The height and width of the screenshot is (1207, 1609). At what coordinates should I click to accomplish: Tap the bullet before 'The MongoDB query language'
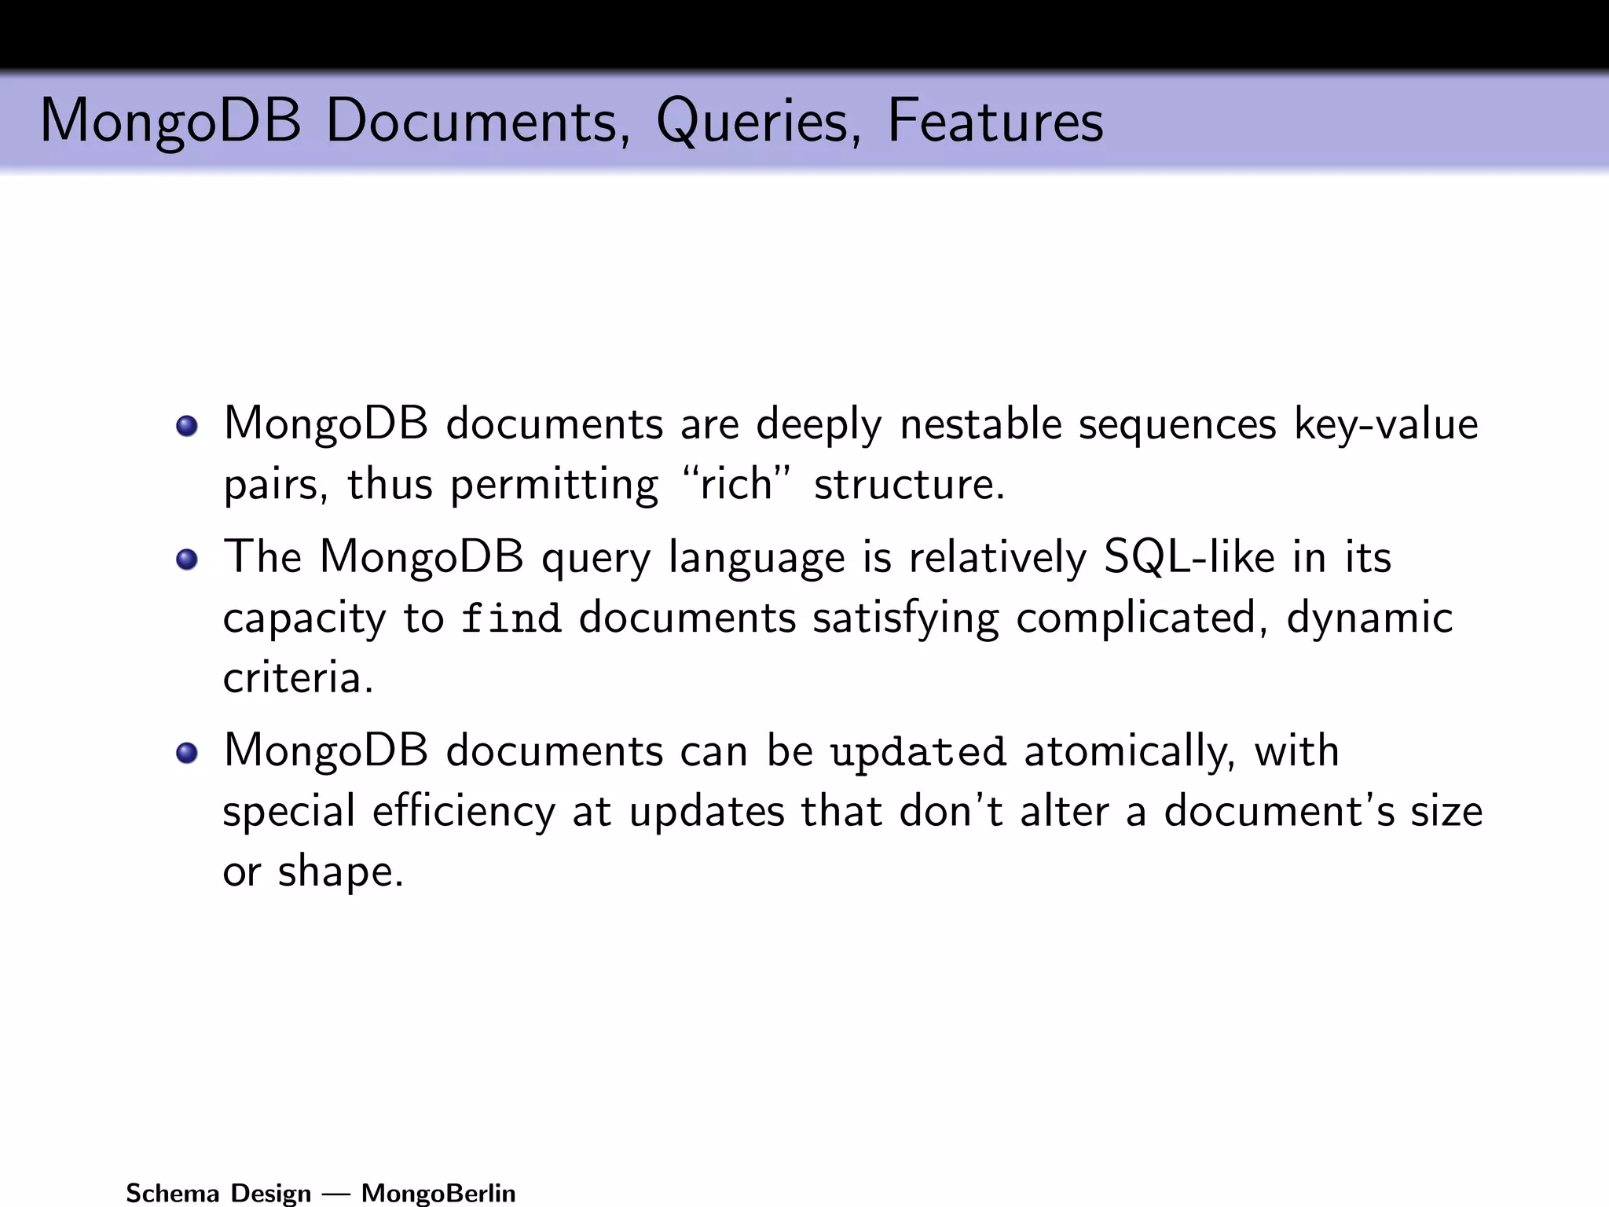point(187,559)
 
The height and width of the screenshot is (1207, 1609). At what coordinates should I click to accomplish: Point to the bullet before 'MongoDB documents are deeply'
point(187,426)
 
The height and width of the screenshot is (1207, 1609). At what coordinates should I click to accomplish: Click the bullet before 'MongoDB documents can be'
point(187,753)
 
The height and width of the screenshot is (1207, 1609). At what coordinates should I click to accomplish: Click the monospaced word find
point(511,618)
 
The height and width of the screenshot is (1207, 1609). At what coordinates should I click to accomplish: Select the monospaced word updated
point(918,752)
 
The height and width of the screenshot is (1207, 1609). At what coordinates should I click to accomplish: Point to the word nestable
point(980,424)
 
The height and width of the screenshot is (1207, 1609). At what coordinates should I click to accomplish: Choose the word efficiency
point(464,812)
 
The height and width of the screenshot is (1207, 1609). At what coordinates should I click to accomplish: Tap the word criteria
point(297,677)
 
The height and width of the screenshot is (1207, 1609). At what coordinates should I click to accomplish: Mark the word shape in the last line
point(340,872)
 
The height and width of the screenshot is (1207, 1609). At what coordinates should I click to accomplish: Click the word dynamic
point(1369,618)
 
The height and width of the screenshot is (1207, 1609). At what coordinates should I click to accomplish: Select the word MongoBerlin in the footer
point(438,1193)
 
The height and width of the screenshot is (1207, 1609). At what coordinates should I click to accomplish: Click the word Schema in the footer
point(172,1193)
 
